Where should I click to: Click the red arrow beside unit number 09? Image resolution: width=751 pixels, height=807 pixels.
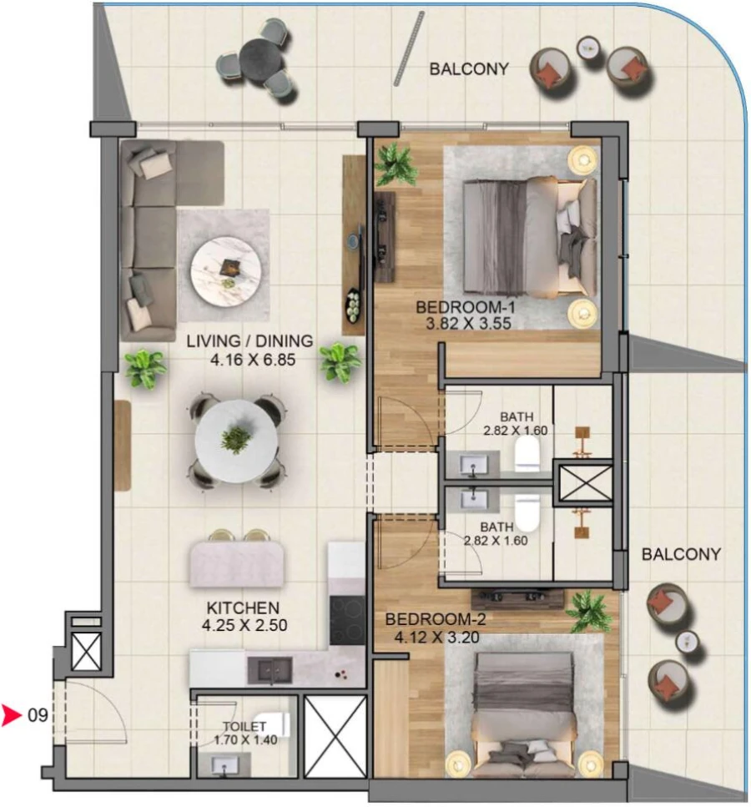tap(12, 715)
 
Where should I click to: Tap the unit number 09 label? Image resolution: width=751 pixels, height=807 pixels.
tap(38, 715)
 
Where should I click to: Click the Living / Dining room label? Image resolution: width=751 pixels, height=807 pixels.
tap(249, 340)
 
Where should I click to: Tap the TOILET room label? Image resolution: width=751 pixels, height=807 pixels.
tap(244, 727)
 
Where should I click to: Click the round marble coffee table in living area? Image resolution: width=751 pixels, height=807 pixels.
tap(225, 270)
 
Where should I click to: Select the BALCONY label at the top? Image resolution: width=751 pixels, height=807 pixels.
tap(468, 68)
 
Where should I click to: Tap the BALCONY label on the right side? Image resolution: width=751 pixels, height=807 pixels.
tap(681, 553)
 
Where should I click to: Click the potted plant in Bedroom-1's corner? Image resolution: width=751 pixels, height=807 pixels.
tap(395, 164)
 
